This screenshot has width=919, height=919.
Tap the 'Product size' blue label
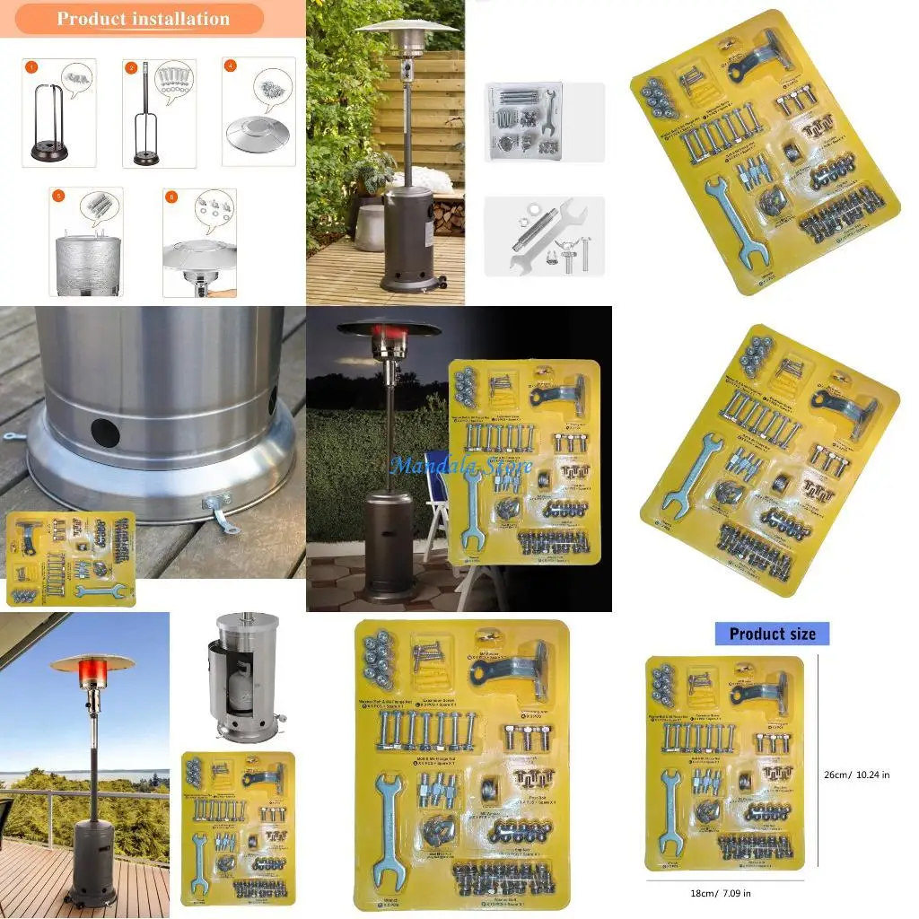(772, 634)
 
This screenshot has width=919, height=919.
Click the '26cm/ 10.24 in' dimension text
(856, 775)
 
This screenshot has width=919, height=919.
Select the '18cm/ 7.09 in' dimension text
(721, 893)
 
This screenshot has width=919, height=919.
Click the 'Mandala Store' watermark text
(460, 466)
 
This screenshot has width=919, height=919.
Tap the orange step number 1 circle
(31, 66)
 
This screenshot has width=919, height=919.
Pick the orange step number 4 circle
(232, 66)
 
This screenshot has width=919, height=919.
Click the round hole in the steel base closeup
(105, 433)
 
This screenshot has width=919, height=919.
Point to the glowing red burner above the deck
(93, 672)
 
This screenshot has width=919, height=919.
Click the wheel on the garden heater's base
(441, 286)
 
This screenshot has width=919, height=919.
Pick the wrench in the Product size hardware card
(670, 810)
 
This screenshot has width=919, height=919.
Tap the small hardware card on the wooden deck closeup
(70, 557)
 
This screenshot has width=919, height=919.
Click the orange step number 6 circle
(171, 197)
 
